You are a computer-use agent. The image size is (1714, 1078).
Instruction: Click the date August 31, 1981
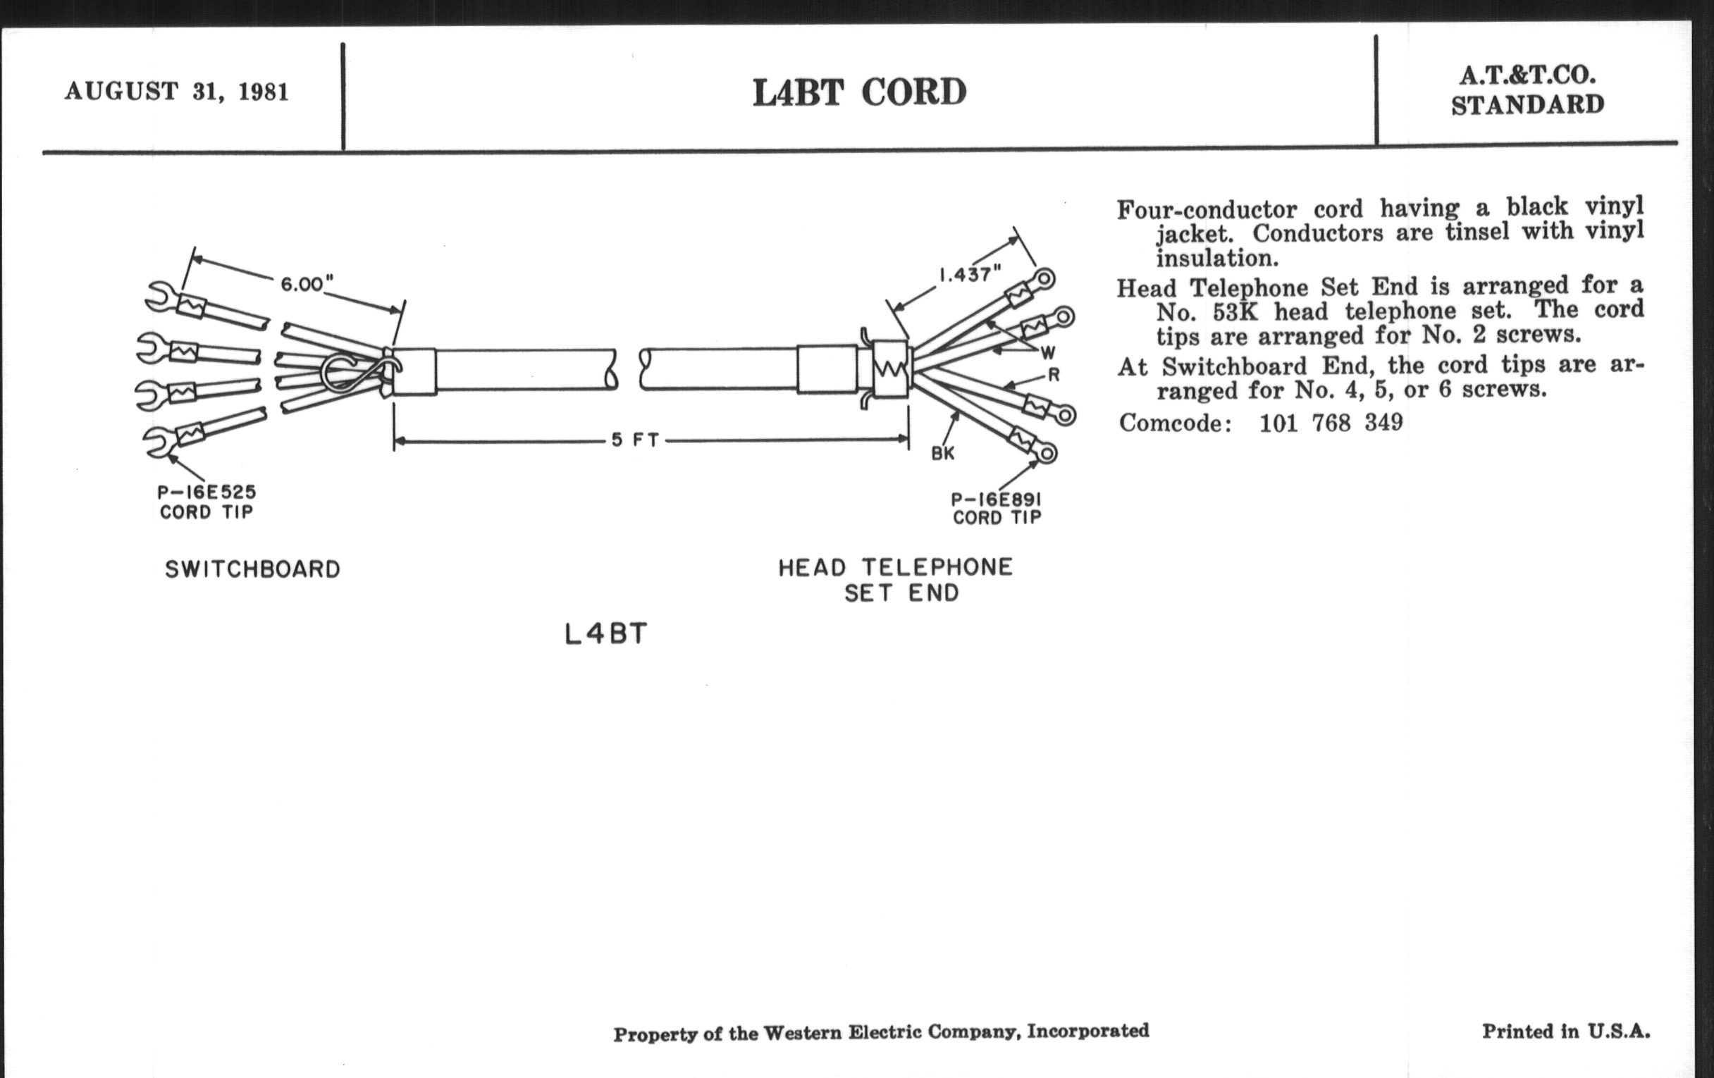(176, 92)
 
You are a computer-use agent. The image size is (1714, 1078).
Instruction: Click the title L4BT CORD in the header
(859, 92)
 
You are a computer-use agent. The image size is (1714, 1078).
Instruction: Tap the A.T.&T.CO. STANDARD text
(1527, 90)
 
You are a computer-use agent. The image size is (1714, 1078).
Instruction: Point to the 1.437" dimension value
(970, 274)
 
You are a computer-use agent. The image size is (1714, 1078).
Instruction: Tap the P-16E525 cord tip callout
(206, 502)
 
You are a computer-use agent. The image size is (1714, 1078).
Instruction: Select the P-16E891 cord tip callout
(997, 509)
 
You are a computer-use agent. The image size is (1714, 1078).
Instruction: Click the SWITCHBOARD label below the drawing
(253, 569)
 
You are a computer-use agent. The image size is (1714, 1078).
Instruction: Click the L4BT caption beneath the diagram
(605, 634)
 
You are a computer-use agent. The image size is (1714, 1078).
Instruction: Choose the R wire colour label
(1054, 375)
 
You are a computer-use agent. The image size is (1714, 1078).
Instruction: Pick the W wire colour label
(1048, 353)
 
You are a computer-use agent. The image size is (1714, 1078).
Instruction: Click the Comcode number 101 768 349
(1331, 423)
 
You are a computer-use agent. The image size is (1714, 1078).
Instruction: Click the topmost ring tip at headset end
(1044, 278)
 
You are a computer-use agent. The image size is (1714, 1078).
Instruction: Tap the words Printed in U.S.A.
(1566, 1031)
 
